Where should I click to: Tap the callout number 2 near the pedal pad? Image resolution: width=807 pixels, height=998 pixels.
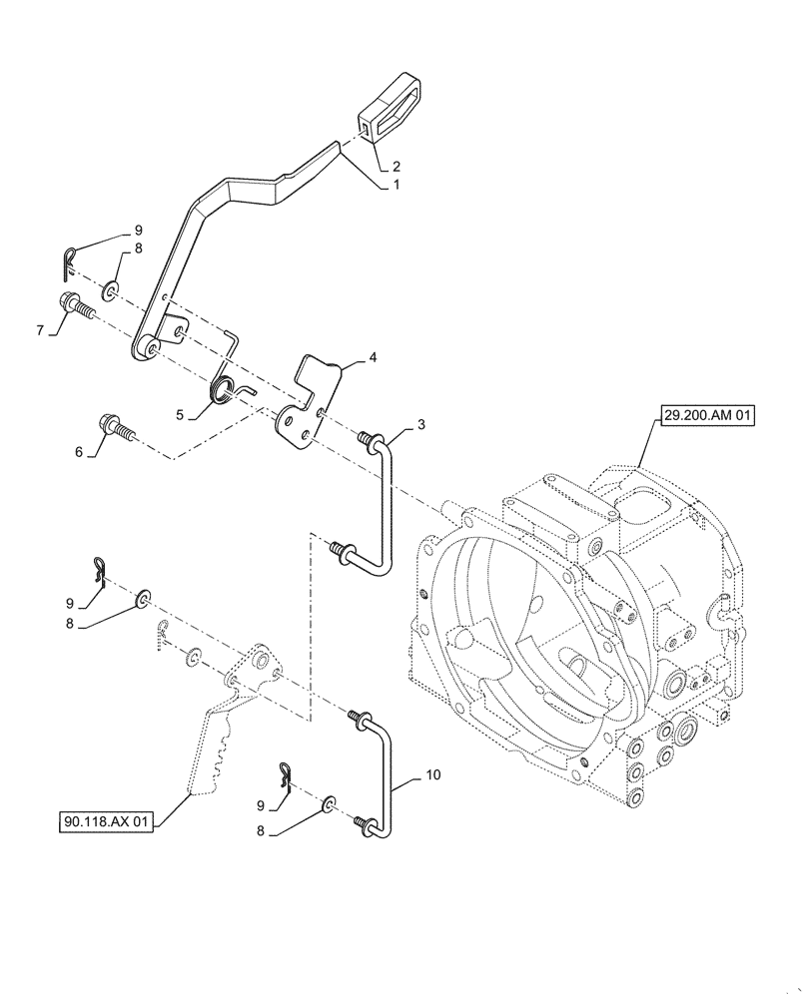[x=396, y=166]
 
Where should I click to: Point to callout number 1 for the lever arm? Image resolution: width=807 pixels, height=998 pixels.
[x=396, y=185]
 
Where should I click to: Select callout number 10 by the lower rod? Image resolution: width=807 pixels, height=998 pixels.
[x=429, y=774]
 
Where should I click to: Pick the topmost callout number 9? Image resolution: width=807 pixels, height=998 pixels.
[x=139, y=231]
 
